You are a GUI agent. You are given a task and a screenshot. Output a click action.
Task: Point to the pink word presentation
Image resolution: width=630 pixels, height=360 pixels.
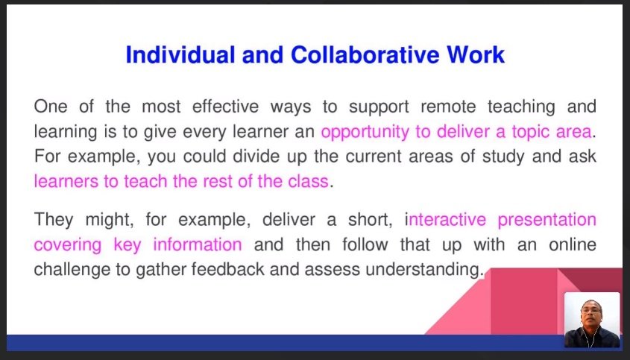point(545,220)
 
